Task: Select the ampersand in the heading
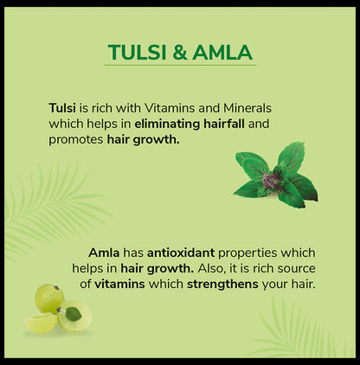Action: (x=179, y=53)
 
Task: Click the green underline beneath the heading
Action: (x=180, y=66)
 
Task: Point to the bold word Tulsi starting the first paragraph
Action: (x=63, y=108)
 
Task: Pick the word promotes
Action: (x=75, y=139)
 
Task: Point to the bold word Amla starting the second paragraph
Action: (x=104, y=253)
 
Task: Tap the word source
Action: (x=291, y=268)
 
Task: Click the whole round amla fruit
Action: (x=48, y=298)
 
